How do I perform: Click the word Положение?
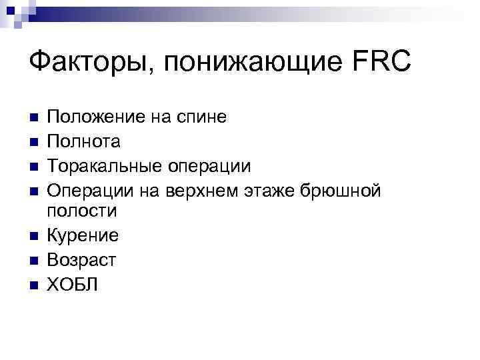(x=99, y=118)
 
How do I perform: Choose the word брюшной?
(x=342, y=190)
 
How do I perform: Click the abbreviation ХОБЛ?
(x=73, y=283)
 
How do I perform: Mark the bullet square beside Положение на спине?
(x=34, y=119)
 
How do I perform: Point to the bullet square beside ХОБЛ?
(x=34, y=284)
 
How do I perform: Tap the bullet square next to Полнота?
(x=34, y=142)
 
